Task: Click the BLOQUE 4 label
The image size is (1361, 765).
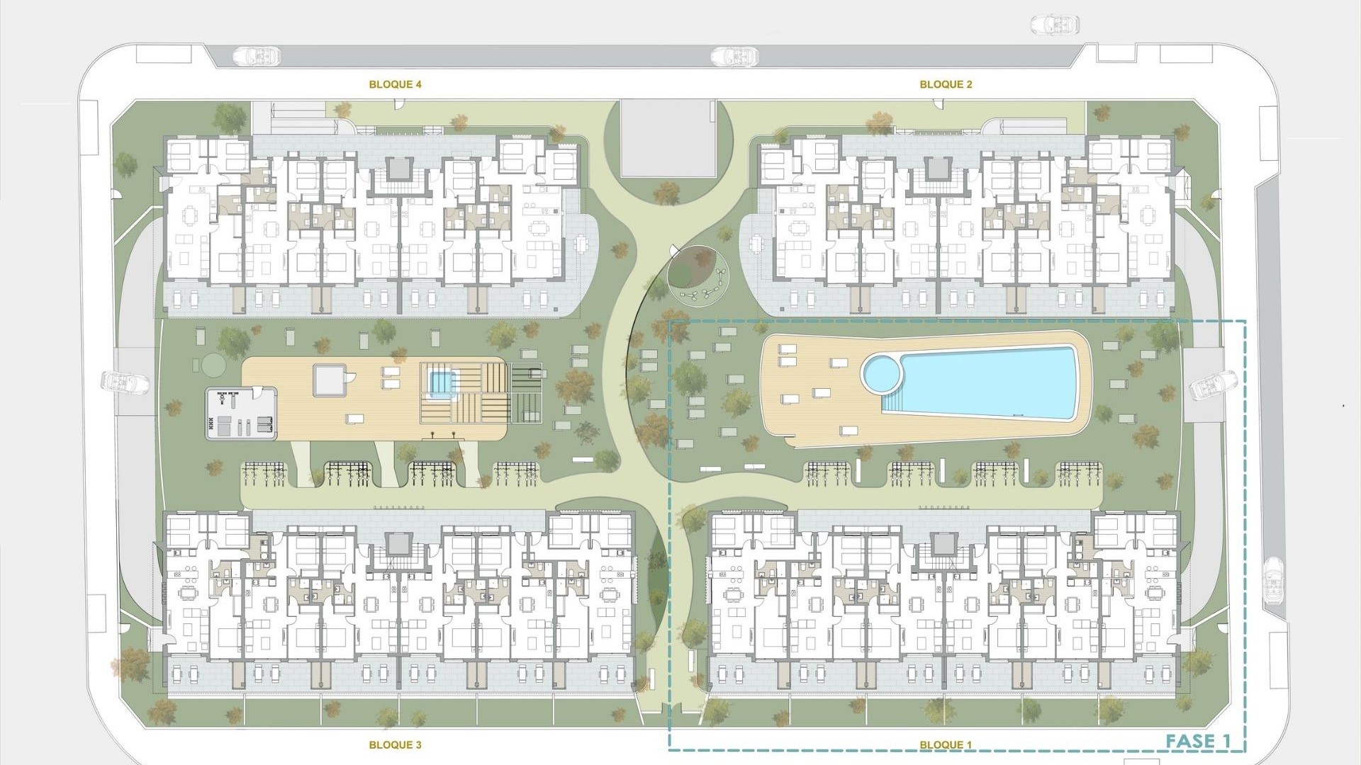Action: click(395, 84)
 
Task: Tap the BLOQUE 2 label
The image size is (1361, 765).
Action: click(946, 84)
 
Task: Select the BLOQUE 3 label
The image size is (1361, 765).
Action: click(395, 744)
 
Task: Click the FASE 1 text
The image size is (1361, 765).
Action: click(1198, 742)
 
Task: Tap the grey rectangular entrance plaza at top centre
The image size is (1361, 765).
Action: click(666, 138)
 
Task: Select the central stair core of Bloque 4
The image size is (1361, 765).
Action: click(399, 169)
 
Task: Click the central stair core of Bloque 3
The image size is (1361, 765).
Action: click(399, 544)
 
